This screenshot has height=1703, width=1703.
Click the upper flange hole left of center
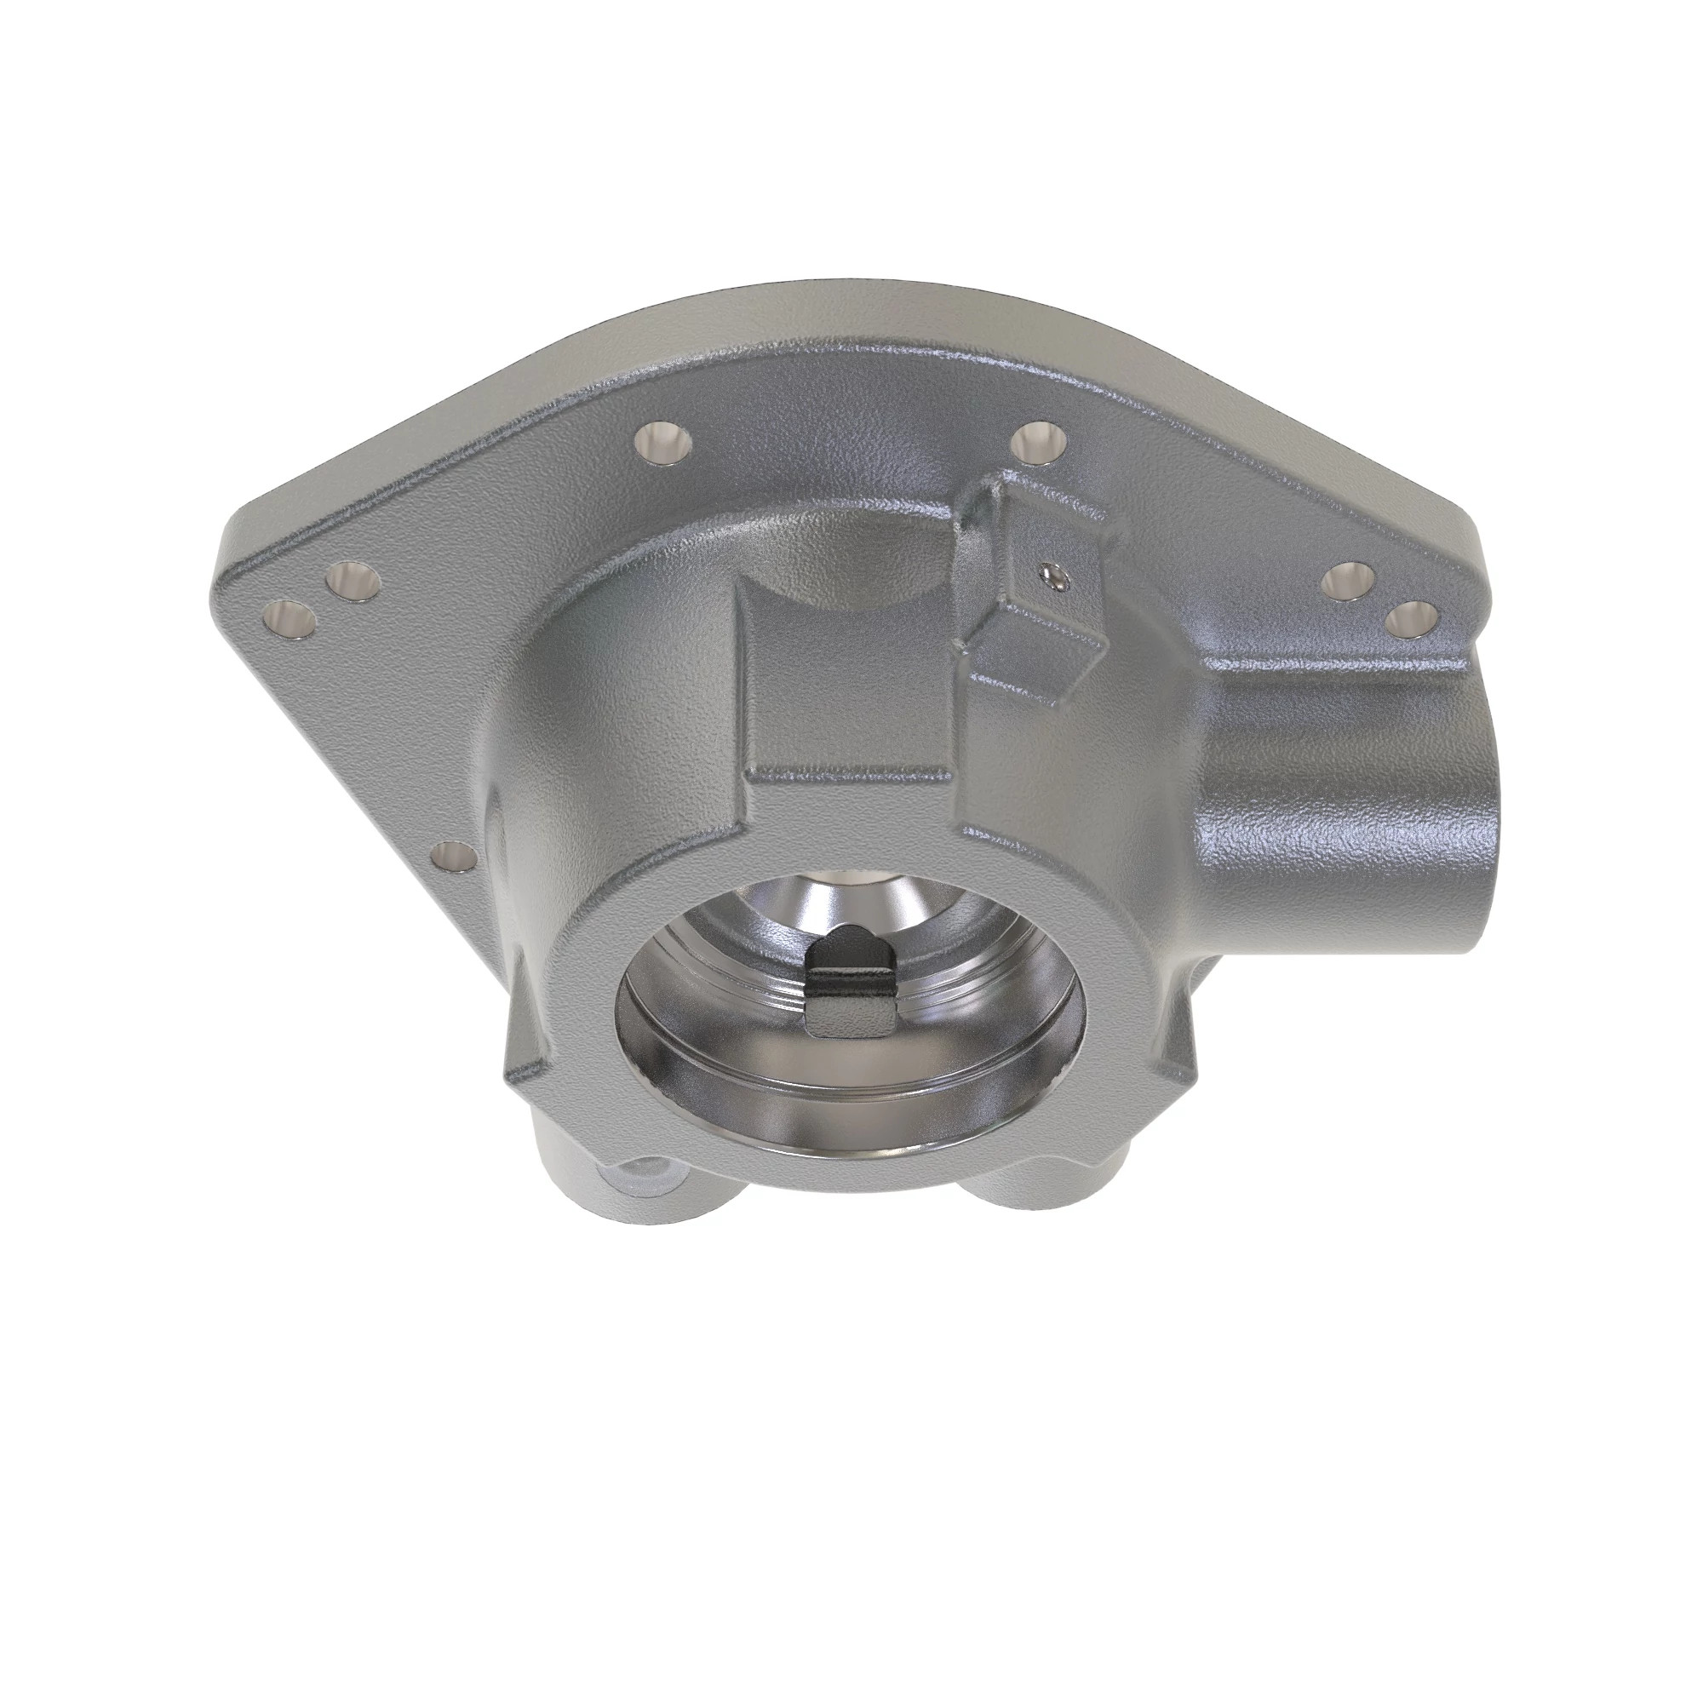click(x=662, y=439)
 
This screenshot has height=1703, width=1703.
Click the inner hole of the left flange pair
click(x=353, y=582)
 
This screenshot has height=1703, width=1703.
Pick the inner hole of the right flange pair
click(x=1352, y=579)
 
